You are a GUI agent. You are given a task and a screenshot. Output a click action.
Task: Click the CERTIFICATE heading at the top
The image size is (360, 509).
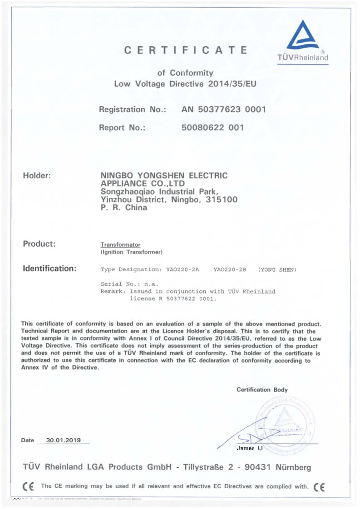186,50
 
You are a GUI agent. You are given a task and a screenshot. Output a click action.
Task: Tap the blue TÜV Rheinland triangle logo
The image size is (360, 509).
303,36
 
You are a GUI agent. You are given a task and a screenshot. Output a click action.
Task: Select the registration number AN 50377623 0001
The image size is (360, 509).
223,109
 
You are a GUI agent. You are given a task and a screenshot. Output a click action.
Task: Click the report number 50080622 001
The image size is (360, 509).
212,127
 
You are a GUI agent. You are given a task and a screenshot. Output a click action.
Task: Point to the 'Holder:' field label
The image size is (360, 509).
37,175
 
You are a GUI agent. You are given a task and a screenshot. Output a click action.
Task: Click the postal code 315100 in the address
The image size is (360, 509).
222,200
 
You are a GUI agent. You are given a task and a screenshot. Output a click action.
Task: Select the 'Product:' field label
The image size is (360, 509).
39,244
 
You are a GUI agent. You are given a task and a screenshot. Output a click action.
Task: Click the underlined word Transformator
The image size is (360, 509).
120,245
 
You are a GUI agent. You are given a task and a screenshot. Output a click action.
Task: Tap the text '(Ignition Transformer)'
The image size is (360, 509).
131,252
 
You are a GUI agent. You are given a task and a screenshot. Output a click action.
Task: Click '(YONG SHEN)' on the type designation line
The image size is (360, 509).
277,269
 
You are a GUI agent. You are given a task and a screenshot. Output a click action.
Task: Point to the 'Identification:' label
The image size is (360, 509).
49,268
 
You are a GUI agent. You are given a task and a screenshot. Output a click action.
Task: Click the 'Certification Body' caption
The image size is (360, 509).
262,390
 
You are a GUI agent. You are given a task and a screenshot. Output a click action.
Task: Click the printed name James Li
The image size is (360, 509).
250,448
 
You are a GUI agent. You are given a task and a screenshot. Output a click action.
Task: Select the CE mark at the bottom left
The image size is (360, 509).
28,486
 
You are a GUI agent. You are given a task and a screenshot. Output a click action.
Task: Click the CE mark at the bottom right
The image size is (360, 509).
319,487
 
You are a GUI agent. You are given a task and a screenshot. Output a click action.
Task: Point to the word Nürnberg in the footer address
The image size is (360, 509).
290,467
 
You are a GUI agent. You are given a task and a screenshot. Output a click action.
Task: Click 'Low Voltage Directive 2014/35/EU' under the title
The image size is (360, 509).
186,84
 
